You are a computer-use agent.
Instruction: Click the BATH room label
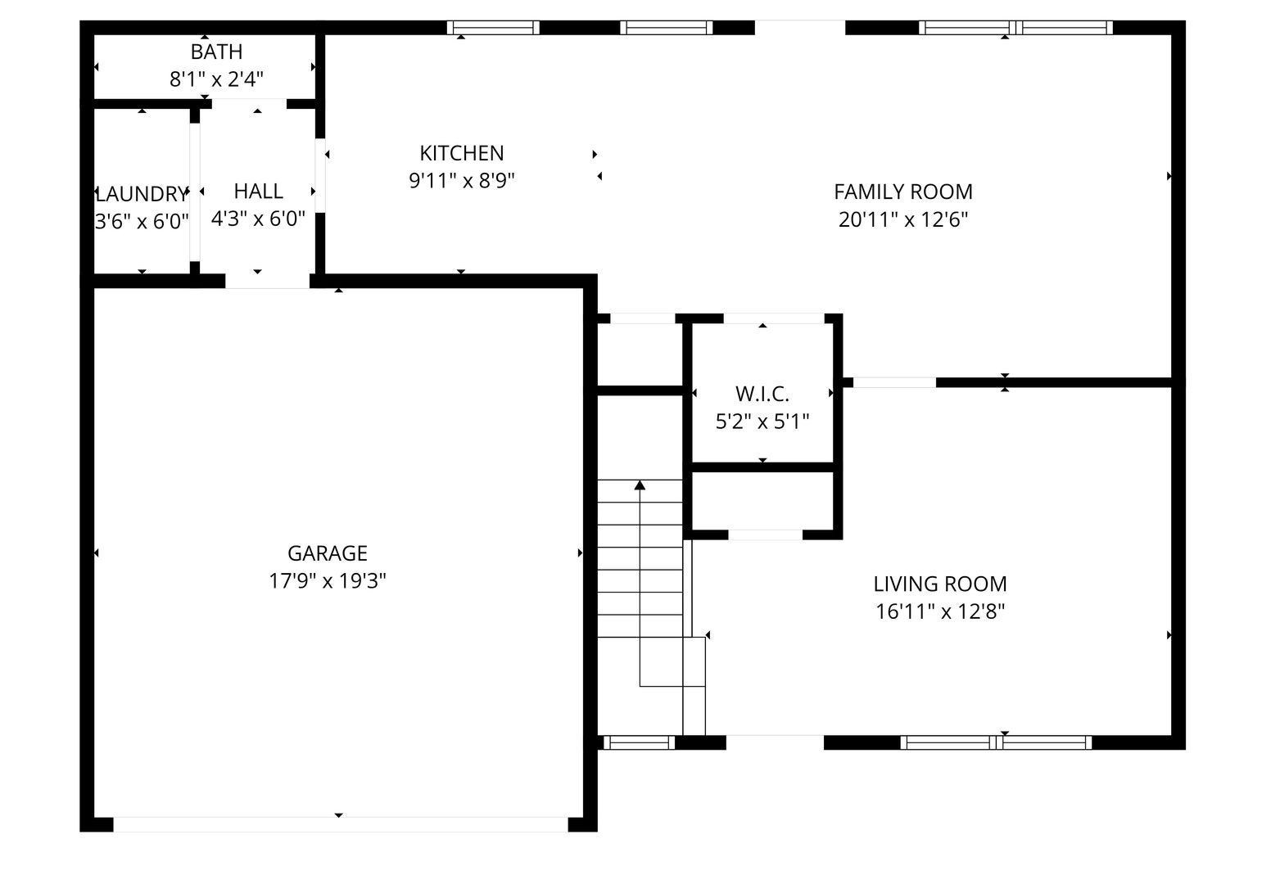coord(216,52)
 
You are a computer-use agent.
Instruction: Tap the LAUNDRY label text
coord(142,194)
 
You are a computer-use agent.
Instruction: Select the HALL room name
coord(258,191)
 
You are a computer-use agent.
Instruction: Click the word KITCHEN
coord(461,153)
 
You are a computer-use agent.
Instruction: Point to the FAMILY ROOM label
coord(902,192)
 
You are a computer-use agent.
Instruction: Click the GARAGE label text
coord(328,552)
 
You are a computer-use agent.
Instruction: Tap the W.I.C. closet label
coord(762,394)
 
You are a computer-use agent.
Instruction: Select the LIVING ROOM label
coord(939,584)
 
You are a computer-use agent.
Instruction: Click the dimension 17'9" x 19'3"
coord(328,580)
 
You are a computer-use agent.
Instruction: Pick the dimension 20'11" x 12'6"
coord(902,219)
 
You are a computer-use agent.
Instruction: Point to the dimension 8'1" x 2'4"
coord(216,79)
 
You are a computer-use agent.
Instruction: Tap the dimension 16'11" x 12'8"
coord(939,611)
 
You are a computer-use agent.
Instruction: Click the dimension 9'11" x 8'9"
coord(461,181)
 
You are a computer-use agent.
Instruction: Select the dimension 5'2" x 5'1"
coord(762,422)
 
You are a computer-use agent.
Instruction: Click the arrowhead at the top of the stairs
coord(640,485)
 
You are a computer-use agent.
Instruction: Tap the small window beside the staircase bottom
coord(639,742)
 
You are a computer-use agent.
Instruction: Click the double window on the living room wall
coord(996,742)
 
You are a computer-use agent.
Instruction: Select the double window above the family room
coord(1015,28)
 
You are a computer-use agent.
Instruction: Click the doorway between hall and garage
coord(267,282)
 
